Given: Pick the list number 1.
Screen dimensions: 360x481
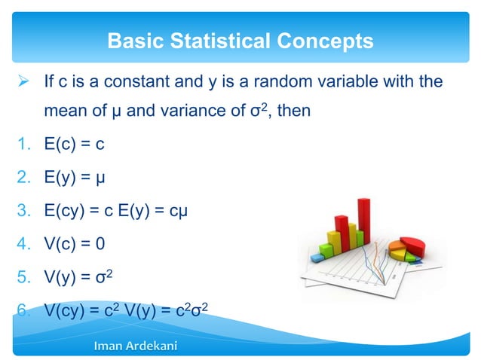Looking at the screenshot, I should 23,145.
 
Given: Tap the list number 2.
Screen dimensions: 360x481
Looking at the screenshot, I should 23,177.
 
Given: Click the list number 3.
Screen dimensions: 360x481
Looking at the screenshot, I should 23,209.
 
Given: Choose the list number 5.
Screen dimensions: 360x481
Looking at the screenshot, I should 23,275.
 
